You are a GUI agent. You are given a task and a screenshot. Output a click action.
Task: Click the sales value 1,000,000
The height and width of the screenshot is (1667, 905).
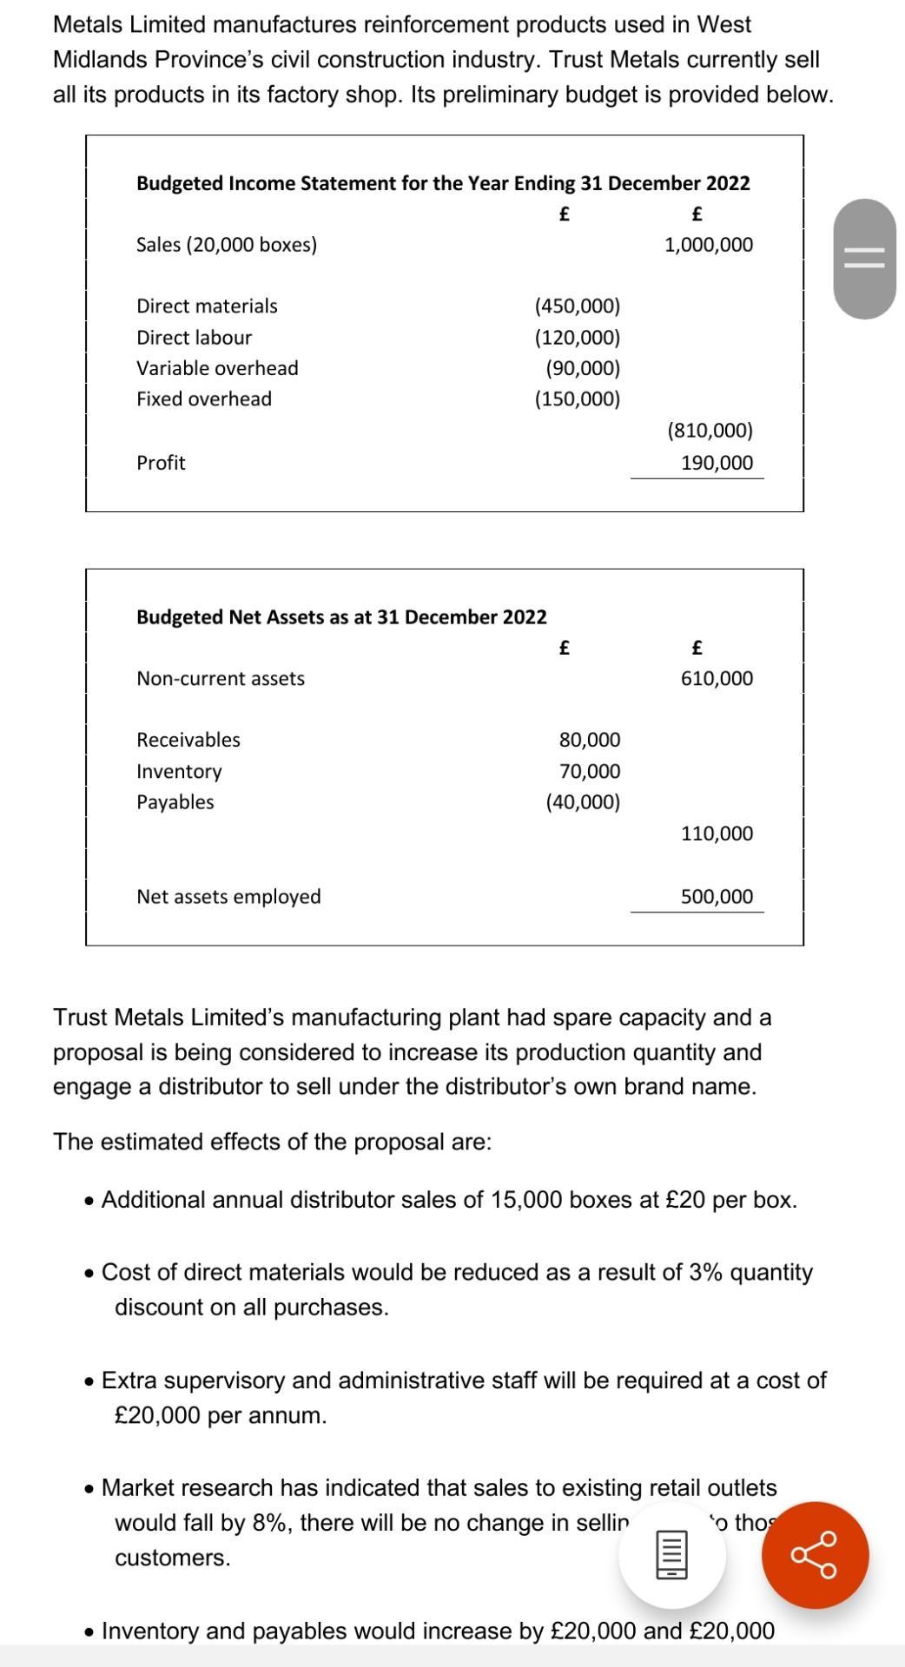pyautogui.click(x=708, y=245)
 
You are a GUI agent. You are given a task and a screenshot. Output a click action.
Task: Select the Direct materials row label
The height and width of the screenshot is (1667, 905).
pyautogui.click(x=207, y=306)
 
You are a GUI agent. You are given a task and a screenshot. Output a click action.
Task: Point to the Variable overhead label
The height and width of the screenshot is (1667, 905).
pyautogui.click(x=217, y=368)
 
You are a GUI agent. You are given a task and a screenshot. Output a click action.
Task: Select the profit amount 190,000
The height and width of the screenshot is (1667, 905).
pyautogui.click(x=717, y=463)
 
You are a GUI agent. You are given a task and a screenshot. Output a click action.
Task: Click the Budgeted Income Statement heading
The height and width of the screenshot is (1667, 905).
pyautogui.click(x=443, y=183)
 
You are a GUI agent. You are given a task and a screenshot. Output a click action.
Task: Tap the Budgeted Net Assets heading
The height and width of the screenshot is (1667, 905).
pyautogui.click(x=341, y=617)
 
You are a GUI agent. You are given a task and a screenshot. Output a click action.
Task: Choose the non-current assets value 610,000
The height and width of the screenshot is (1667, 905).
pyautogui.click(x=717, y=678)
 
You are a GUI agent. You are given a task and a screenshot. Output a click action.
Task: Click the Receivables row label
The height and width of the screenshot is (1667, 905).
pyautogui.click(x=188, y=740)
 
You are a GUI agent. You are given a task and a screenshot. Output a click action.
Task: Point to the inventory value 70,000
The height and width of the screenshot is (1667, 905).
pyautogui.click(x=590, y=771)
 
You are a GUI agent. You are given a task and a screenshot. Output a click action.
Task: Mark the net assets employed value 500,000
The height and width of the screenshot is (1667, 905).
pyautogui.click(x=717, y=897)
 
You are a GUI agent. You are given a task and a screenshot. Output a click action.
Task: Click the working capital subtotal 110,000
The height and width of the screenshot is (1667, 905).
pyautogui.click(x=717, y=833)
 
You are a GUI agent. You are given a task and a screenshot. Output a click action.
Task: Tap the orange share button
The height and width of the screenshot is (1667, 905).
pyautogui.click(x=815, y=1555)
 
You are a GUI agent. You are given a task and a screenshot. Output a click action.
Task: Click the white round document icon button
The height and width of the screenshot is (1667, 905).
pyautogui.click(x=671, y=1555)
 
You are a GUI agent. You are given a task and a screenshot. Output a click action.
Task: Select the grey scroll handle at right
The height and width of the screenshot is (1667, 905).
pyautogui.click(x=864, y=259)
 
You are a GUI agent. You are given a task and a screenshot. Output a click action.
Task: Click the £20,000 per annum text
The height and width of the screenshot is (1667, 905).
pyautogui.click(x=221, y=1415)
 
